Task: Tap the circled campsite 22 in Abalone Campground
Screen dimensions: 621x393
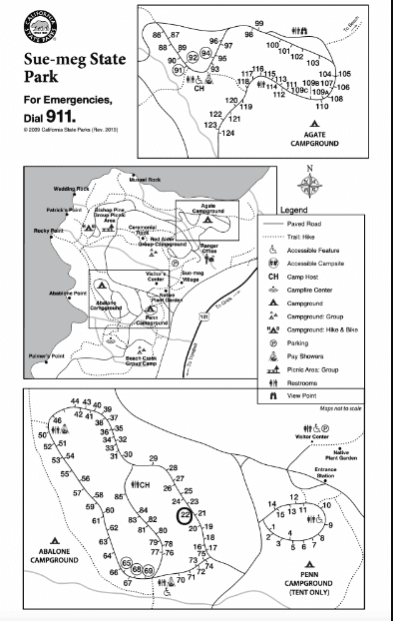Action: tap(185, 514)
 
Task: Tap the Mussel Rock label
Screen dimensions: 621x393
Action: tap(145, 179)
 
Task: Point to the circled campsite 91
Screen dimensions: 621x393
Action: tap(179, 71)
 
